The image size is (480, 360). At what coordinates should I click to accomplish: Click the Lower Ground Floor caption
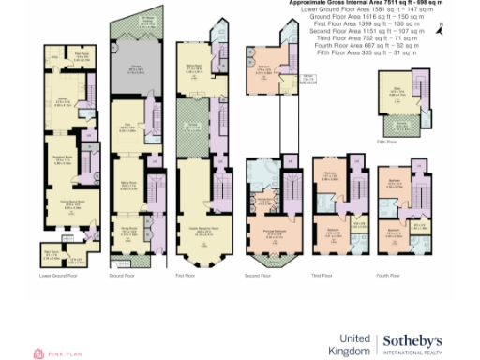point(57,276)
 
